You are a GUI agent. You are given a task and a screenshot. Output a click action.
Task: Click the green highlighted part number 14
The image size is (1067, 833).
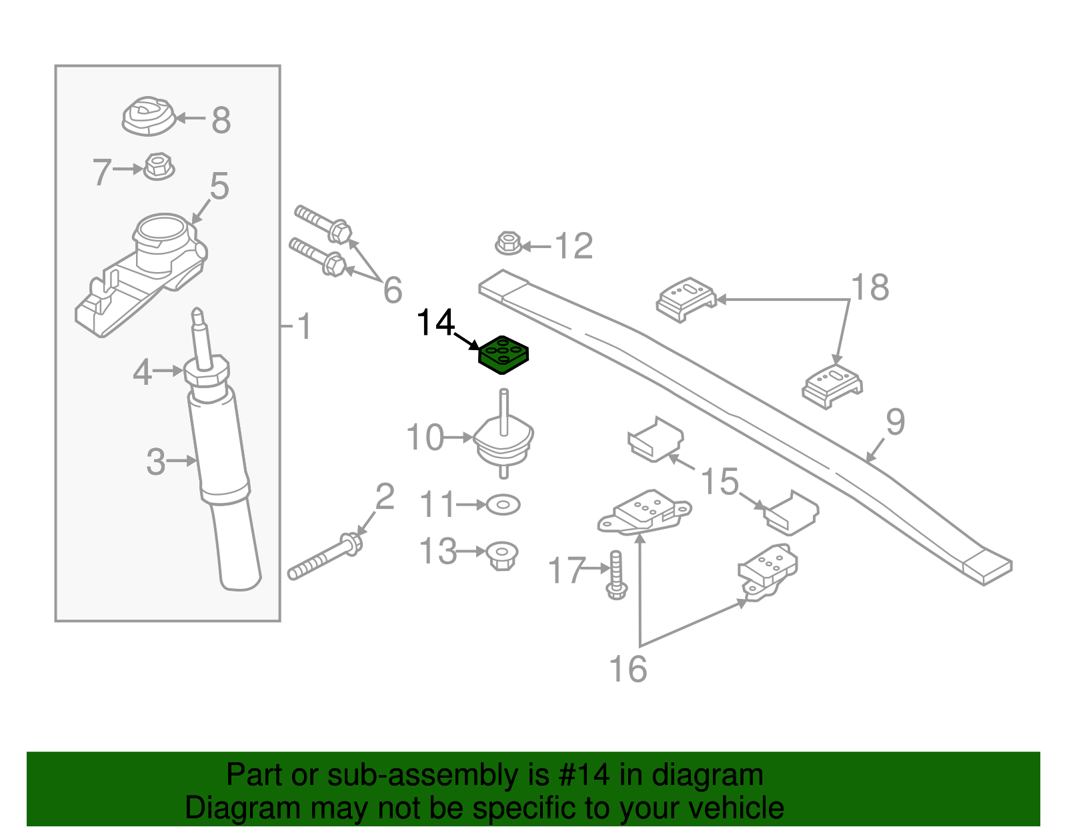click(503, 354)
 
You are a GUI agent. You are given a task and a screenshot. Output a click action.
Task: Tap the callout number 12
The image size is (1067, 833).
click(574, 245)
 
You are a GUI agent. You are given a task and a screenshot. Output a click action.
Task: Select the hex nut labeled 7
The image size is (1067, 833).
click(159, 167)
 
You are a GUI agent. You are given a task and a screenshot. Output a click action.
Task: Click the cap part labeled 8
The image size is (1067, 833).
click(149, 116)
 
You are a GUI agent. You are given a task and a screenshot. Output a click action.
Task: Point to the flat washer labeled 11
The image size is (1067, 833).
click(503, 505)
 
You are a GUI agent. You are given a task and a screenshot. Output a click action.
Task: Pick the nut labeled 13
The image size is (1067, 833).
click(501, 556)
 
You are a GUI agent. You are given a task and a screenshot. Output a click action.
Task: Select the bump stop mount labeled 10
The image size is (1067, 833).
click(503, 434)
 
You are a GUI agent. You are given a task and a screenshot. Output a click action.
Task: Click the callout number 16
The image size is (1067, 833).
click(628, 669)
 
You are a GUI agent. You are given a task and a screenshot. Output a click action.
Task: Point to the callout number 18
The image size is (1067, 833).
click(870, 287)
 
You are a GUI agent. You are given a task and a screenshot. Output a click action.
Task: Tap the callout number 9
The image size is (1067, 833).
click(895, 422)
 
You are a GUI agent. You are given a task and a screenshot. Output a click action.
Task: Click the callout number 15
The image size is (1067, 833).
click(720, 481)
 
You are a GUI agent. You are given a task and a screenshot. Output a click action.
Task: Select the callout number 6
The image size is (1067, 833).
click(393, 289)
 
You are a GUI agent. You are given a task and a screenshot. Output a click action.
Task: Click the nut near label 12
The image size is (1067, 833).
click(509, 243)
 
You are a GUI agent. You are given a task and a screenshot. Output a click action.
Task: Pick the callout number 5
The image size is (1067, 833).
click(219, 186)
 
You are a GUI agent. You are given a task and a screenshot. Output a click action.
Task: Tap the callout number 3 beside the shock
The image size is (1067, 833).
click(156, 462)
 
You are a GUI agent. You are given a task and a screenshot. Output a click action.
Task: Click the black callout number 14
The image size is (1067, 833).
click(435, 323)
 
